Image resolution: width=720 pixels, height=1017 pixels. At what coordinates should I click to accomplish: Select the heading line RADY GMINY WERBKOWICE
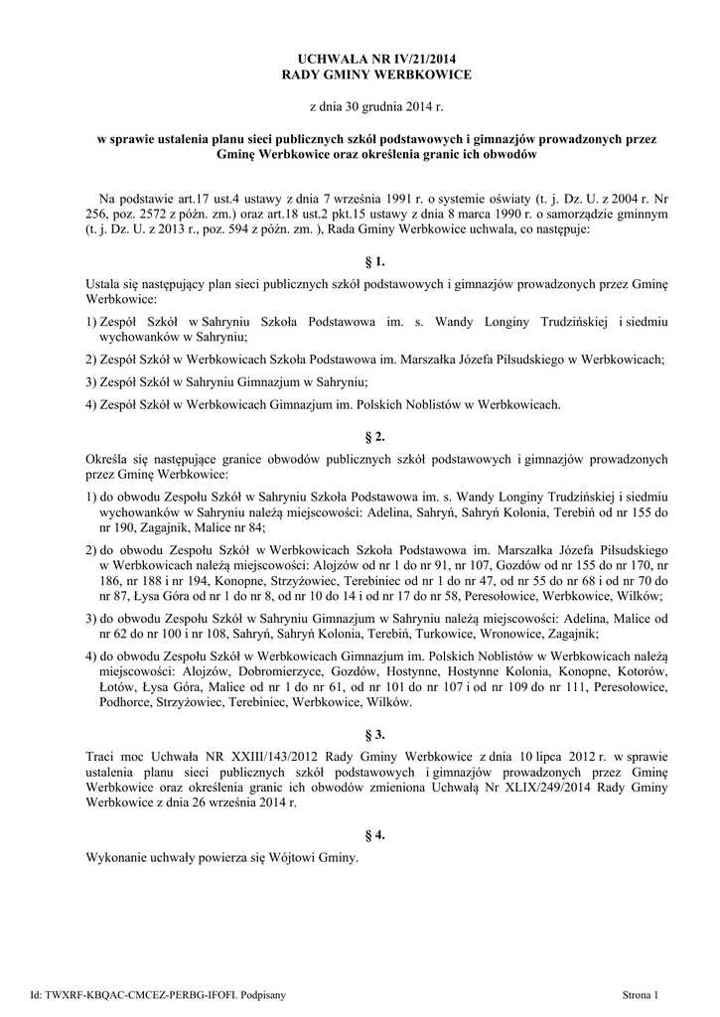360,76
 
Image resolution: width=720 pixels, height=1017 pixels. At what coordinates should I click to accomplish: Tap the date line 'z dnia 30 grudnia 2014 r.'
360,106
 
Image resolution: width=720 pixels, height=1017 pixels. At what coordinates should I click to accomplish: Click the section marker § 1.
360,262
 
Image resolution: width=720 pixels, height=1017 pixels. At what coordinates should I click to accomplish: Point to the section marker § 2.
360,436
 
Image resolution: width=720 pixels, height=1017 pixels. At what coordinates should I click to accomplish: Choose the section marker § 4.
360,835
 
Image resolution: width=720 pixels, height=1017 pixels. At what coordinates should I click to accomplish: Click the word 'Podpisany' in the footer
261,993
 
